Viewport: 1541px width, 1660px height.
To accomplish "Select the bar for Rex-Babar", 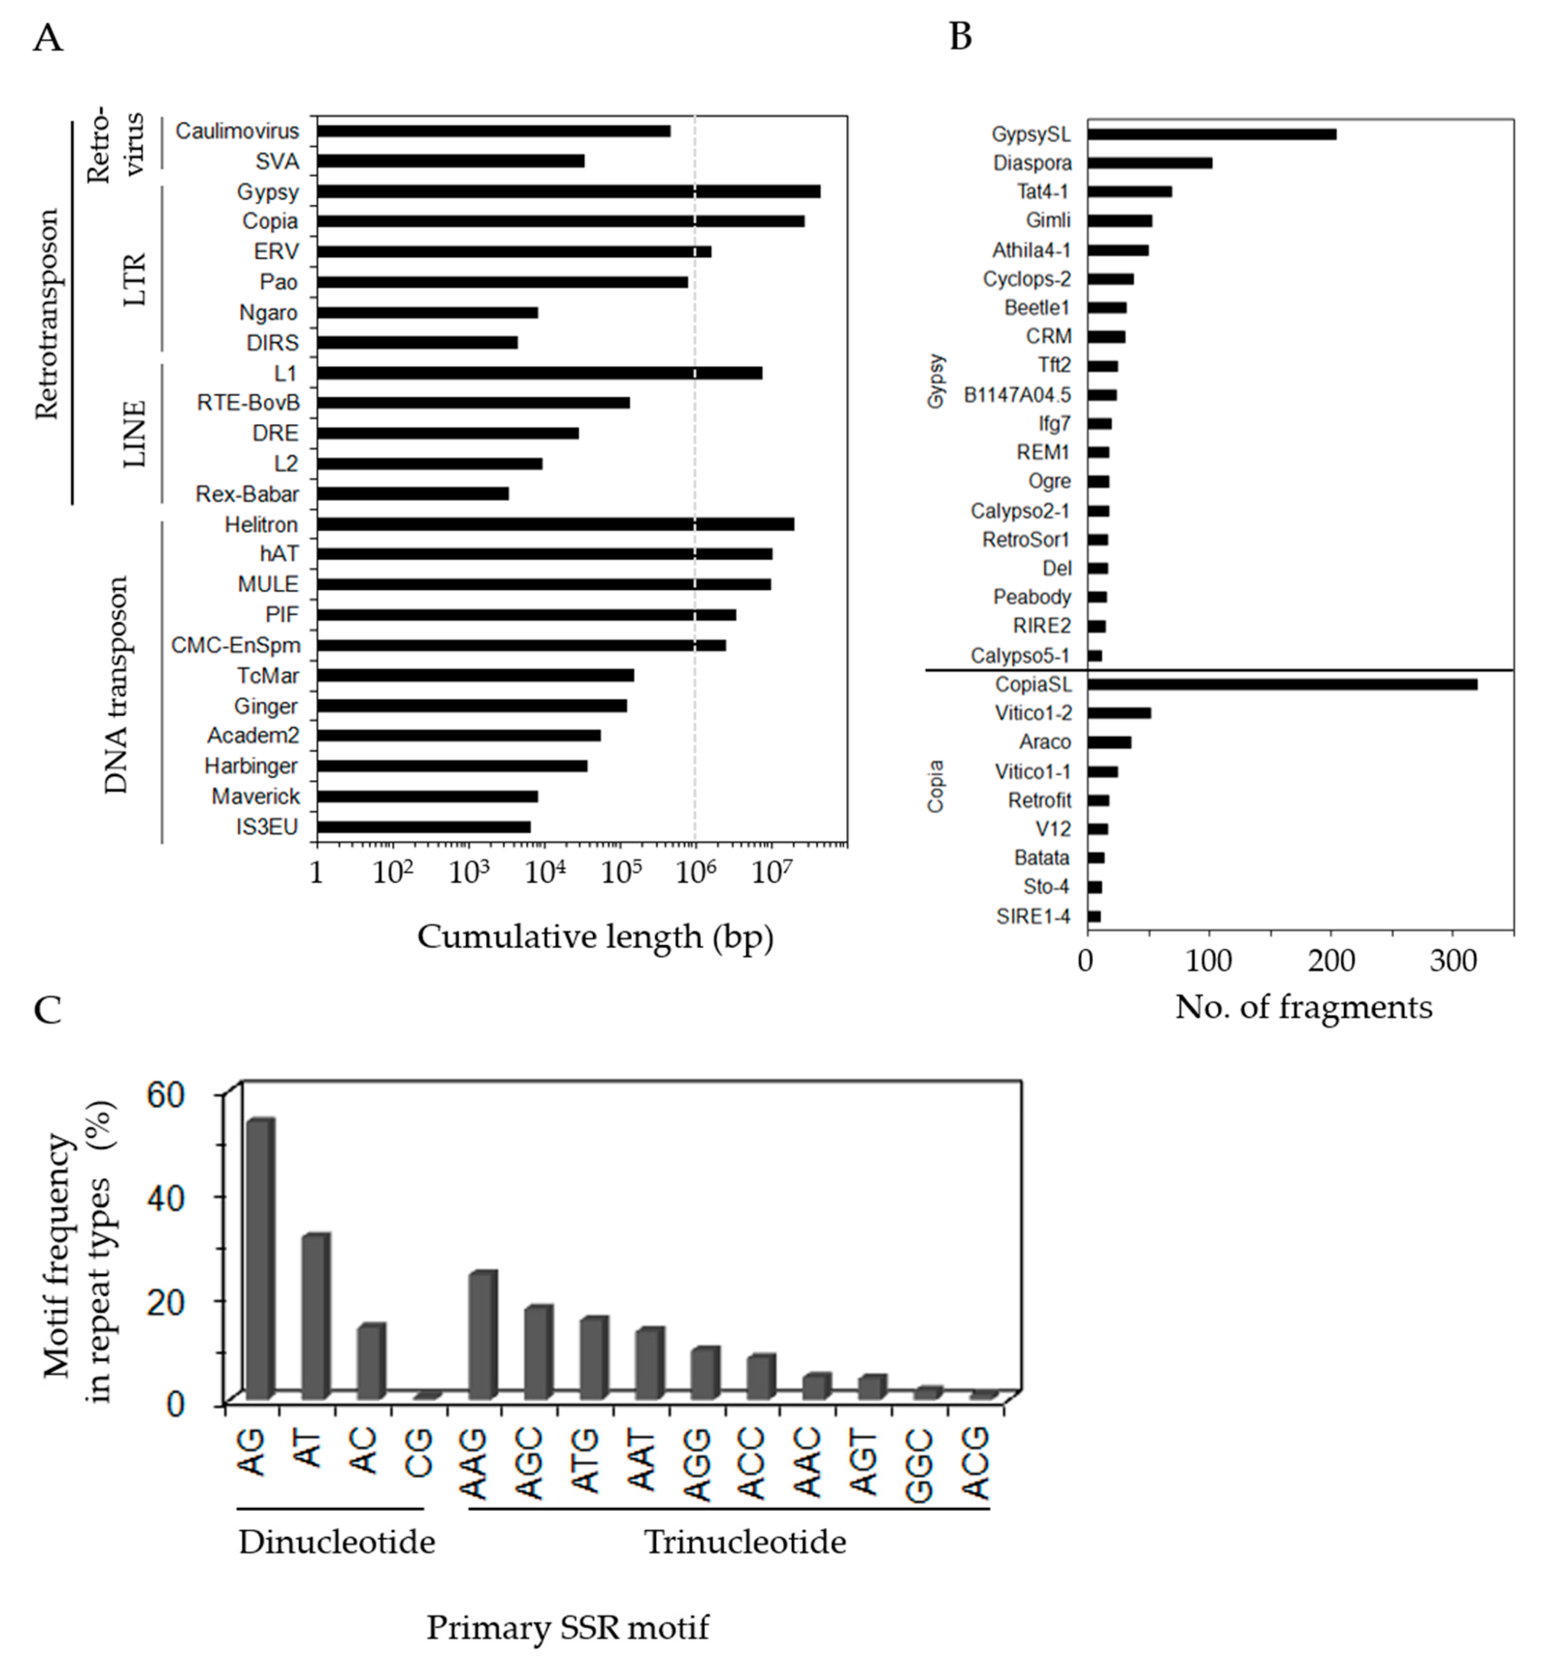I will tap(413, 493).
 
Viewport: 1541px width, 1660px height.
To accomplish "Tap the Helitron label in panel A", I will tap(261, 524).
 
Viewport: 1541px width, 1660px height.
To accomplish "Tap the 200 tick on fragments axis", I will tap(1331, 960).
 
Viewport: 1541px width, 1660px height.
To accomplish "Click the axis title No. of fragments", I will tap(1303, 1007).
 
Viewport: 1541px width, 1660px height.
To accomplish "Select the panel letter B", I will tap(960, 37).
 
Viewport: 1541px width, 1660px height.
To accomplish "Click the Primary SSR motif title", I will tap(568, 1627).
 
